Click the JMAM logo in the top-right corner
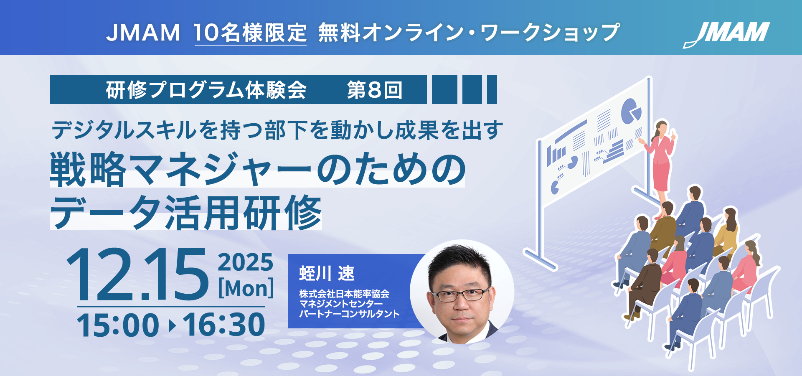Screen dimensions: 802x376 pos(726,34)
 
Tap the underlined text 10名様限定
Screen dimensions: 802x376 pos(251,33)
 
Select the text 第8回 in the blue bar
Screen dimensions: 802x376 pos(375,90)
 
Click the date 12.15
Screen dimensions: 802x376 pos(137,274)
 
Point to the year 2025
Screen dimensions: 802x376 pos(246,262)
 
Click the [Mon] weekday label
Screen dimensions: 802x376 pos(246,288)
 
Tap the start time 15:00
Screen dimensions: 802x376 pos(118,325)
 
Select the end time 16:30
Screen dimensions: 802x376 pos(224,325)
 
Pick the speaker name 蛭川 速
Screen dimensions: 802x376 pos(327,274)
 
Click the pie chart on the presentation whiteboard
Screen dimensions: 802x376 pos(630,112)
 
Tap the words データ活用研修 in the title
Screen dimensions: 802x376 pos(186,213)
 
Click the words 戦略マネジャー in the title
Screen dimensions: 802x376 pos(180,169)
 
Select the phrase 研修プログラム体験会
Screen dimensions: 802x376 pos(206,90)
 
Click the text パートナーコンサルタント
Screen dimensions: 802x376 pos(349,314)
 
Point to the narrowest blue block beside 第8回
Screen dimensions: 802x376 pos(492,89)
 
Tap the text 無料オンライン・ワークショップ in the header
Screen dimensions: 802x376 pos(469,33)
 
